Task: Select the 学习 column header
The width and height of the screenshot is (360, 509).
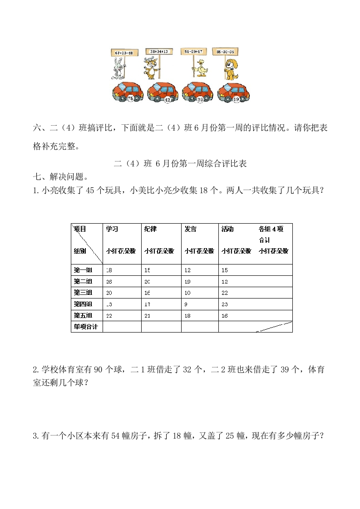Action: [x=112, y=229]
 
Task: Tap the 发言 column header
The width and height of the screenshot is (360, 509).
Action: [x=191, y=229]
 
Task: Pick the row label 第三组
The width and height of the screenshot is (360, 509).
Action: [x=83, y=292]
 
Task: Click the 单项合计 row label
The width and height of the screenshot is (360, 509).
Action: [x=86, y=326]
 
